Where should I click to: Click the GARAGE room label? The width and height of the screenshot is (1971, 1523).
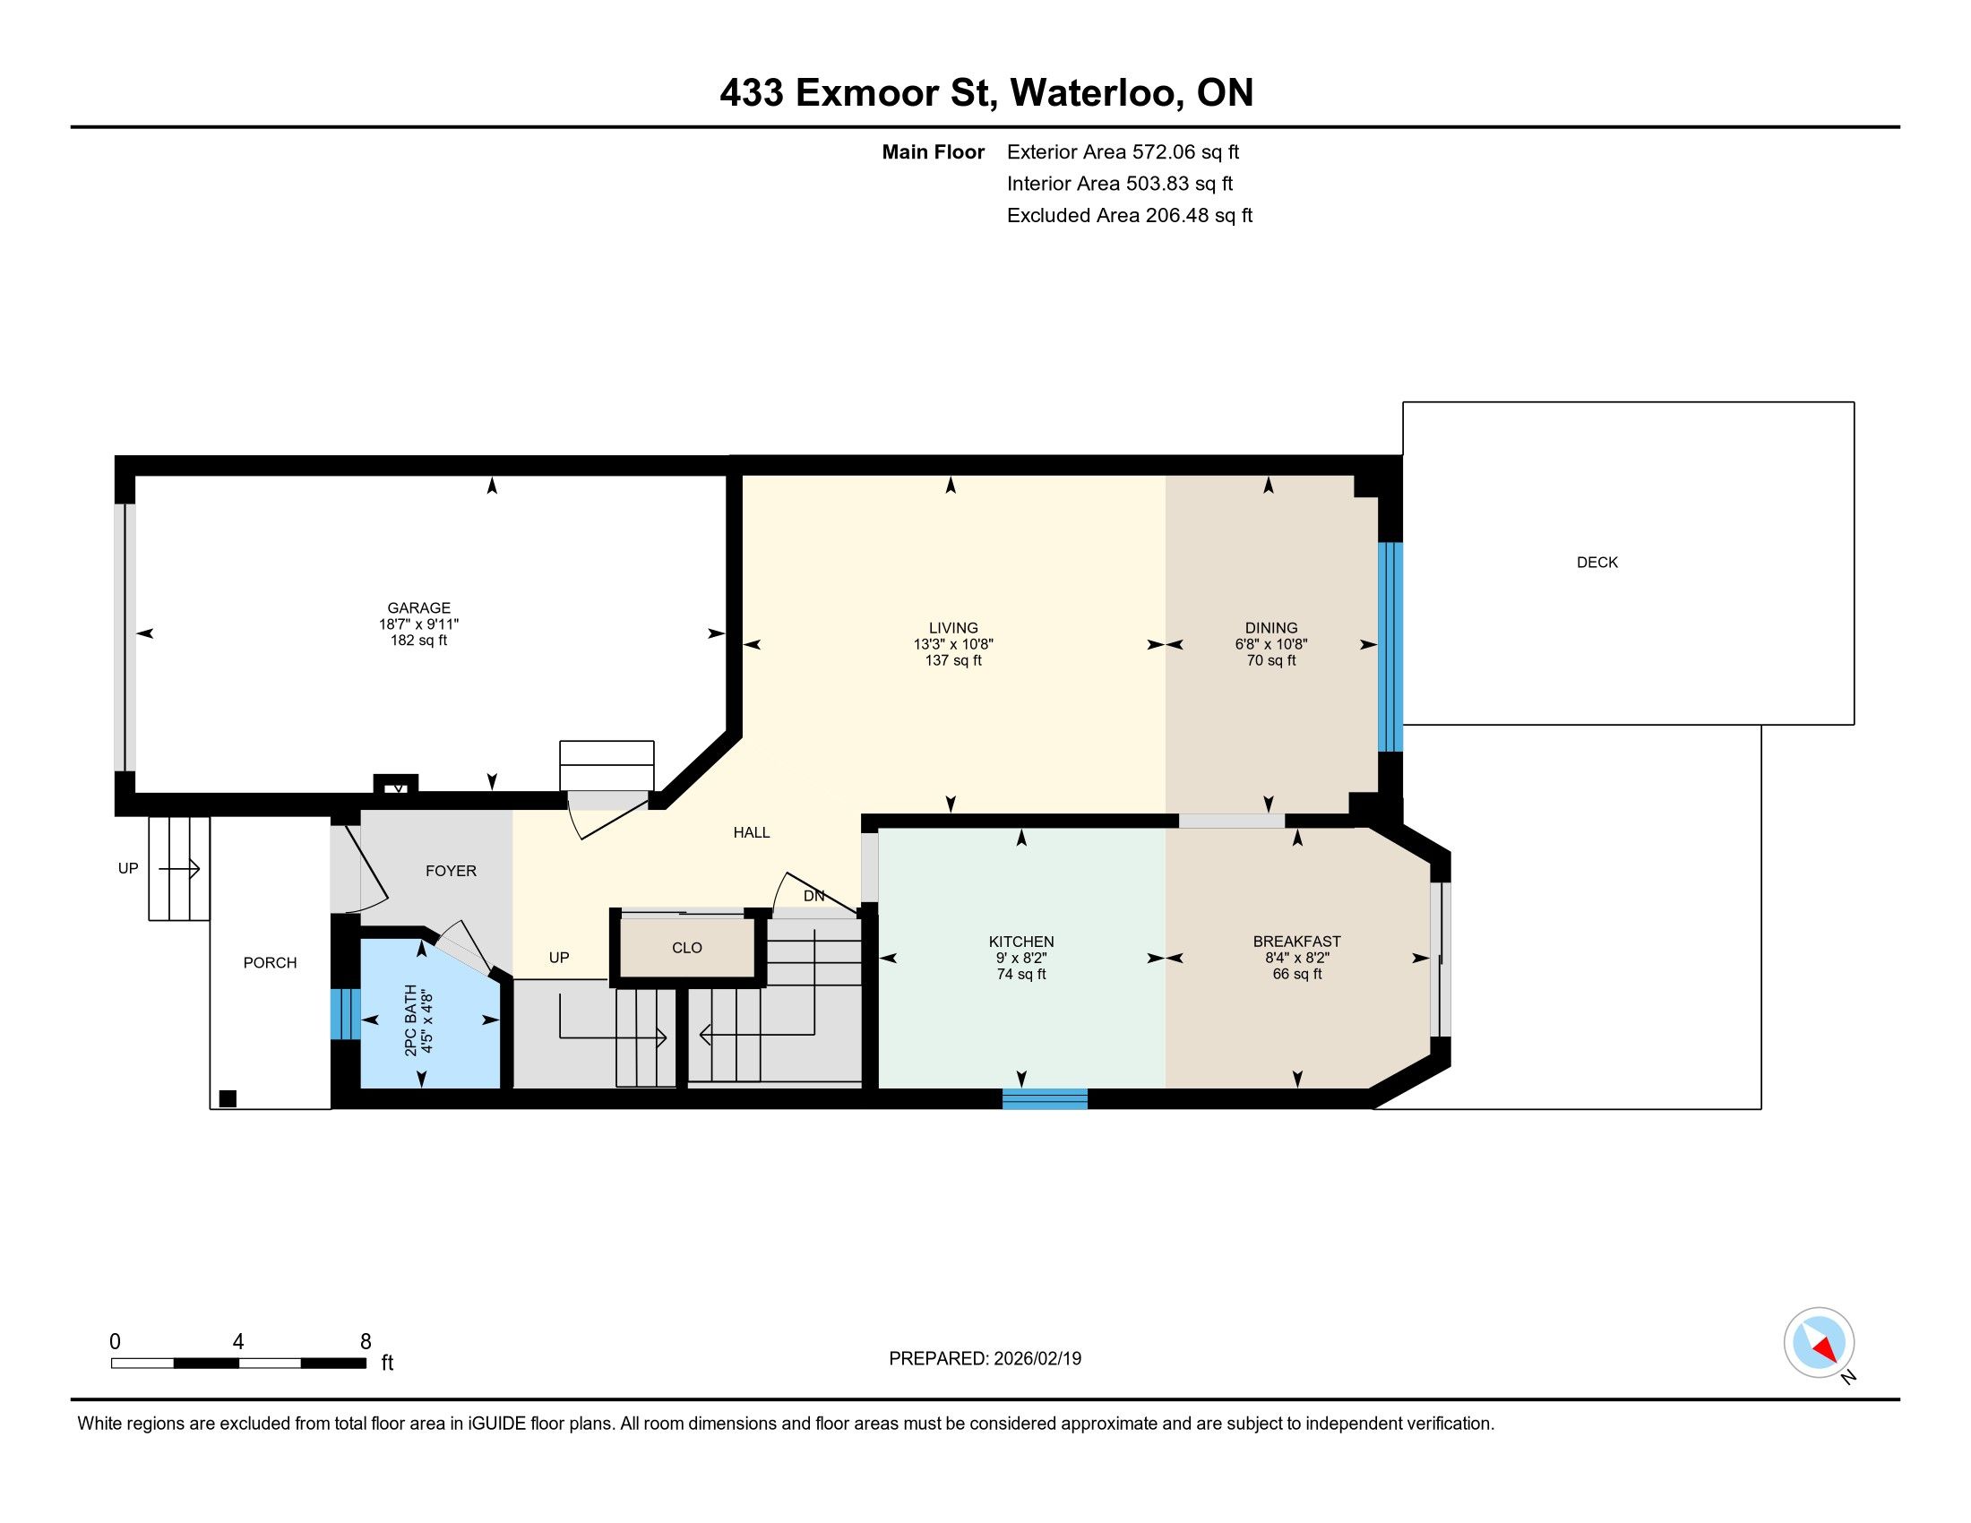(418, 608)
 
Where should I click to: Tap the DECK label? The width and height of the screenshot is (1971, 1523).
(1597, 562)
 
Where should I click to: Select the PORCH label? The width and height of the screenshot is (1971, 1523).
(270, 963)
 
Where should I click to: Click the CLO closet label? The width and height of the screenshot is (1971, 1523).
(687, 947)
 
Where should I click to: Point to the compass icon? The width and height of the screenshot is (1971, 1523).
(1819, 1343)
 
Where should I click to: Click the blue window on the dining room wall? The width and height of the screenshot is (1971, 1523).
(1390, 647)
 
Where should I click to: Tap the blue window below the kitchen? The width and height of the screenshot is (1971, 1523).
(1045, 1099)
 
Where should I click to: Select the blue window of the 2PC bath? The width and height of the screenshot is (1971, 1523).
(345, 1014)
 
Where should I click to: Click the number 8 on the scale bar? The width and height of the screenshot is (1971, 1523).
(366, 1342)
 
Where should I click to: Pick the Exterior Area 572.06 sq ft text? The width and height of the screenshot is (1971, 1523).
(1123, 152)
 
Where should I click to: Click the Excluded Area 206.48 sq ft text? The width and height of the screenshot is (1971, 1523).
(1130, 216)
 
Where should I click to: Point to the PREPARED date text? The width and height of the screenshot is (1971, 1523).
(985, 1359)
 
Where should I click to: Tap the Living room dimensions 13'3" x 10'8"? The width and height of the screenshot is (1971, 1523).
(953, 644)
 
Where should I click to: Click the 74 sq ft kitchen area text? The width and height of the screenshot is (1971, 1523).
(1020, 975)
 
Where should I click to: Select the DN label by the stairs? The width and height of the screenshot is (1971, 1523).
(814, 896)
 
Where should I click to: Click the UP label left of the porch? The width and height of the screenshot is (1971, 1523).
(128, 868)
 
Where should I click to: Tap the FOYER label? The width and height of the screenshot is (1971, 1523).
(452, 871)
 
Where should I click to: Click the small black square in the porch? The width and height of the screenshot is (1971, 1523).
(228, 1098)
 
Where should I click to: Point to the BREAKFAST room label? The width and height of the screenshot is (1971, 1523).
(1297, 941)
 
